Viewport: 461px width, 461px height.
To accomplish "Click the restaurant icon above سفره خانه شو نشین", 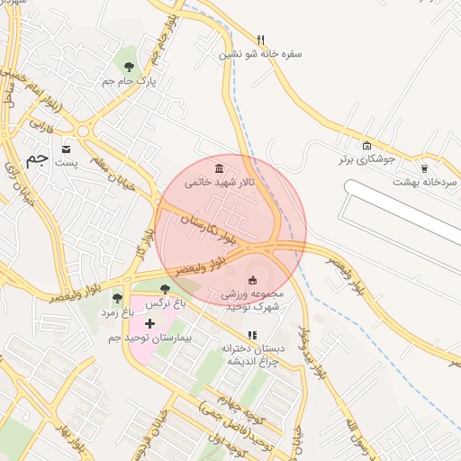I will pos(261,40).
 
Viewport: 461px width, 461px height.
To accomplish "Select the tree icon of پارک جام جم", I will pos(129,67).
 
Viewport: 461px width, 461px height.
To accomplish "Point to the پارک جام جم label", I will pos(129,81).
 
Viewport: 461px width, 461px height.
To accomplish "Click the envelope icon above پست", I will pos(67,149).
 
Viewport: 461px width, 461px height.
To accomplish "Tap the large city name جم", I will pos(36,159).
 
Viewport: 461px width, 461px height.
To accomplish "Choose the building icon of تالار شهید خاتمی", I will pos(221,168).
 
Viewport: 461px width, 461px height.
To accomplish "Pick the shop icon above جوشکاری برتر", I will pos(366,146).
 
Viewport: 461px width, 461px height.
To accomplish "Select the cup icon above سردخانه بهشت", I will pos(425,167).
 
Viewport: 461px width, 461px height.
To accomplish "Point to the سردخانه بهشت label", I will pos(425,181).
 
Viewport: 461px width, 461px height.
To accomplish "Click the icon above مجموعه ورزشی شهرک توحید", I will pos(251,280).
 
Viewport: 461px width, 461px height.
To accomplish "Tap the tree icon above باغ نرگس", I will pos(164,290).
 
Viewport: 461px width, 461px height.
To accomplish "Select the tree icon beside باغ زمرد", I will pos(116,298).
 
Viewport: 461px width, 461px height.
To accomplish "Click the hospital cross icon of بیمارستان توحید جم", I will pos(150,322).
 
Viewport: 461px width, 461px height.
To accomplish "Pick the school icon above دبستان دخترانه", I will pos(253,335).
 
